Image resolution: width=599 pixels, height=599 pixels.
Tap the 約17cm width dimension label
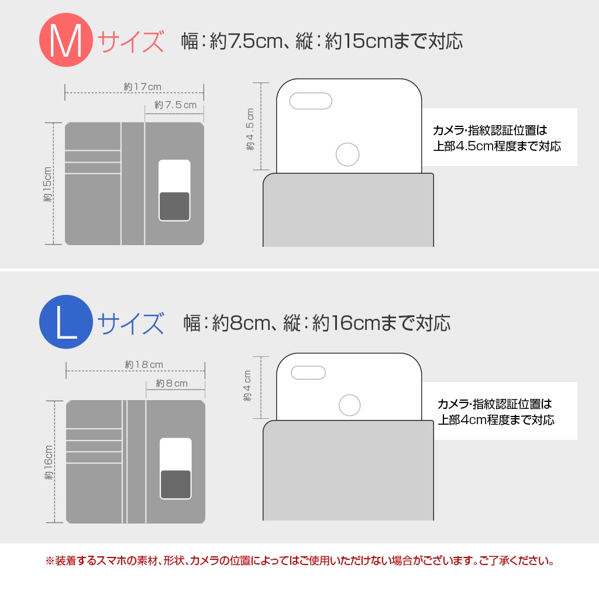[x=142, y=87]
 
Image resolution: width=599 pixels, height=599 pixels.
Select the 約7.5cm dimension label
[x=175, y=105]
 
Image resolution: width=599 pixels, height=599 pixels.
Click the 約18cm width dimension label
[x=144, y=364]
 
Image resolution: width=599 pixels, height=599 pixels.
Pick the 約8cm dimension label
[x=172, y=383]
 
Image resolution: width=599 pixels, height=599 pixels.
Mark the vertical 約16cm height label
[x=49, y=462]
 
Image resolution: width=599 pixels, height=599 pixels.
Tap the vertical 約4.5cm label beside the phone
[x=250, y=130]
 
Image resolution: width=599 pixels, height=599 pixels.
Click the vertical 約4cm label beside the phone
[x=247, y=386]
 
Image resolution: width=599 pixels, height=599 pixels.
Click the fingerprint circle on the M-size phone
[x=347, y=155]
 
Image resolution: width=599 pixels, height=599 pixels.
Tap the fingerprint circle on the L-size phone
[x=350, y=405]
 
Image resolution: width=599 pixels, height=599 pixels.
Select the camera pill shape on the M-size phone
[x=311, y=101]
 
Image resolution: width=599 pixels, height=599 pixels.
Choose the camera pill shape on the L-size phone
[x=308, y=373]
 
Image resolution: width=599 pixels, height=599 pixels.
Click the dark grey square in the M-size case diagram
[x=174, y=206]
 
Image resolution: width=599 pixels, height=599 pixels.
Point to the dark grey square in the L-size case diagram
[x=175, y=484]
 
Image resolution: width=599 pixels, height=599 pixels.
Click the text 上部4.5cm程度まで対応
[x=497, y=146]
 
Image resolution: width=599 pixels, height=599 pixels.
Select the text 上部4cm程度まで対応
[x=496, y=420]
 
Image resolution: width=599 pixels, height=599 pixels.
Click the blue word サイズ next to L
[x=130, y=323]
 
